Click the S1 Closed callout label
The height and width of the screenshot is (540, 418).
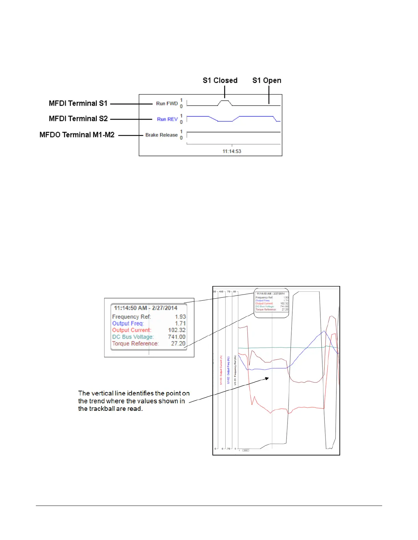(220, 80)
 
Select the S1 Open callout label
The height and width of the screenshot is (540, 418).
(267, 80)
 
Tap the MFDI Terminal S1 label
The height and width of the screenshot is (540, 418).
(78, 103)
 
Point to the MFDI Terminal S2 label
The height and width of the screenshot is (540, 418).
(78, 119)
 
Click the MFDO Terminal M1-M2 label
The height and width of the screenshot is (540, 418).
(77, 135)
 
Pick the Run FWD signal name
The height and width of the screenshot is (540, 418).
(167, 103)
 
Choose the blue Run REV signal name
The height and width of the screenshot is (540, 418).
(167, 119)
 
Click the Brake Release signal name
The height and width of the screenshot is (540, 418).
(162, 135)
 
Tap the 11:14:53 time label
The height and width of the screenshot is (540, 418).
(232, 151)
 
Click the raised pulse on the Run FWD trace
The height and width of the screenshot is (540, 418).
(225, 101)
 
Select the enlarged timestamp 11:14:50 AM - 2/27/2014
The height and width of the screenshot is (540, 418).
(145, 308)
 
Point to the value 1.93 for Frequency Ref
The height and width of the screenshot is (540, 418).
(180, 317)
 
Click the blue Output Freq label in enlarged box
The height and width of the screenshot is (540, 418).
(128, 324)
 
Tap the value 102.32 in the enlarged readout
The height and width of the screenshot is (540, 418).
(177, 330)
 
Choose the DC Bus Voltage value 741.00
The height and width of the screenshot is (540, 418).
(177, 337)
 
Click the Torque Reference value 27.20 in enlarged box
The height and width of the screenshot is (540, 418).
(178, 344)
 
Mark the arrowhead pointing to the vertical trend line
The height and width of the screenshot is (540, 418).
(267, 378)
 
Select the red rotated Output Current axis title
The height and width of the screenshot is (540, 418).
(221, 370)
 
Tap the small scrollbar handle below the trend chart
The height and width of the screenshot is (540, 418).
(246, 450)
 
